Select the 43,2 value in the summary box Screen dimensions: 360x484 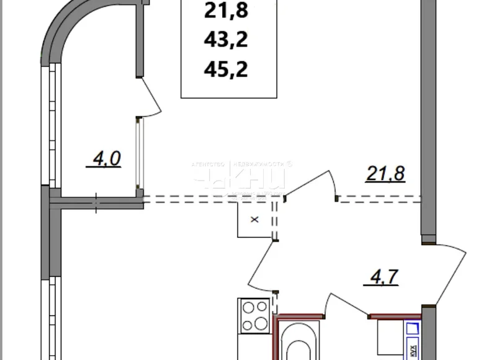pos(226,40)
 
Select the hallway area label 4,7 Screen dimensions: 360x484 pos(380,274)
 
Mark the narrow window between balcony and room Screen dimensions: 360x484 pos(141,155)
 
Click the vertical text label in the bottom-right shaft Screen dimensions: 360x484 pos(411,350)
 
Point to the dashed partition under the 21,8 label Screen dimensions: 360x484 pos(379,199)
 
